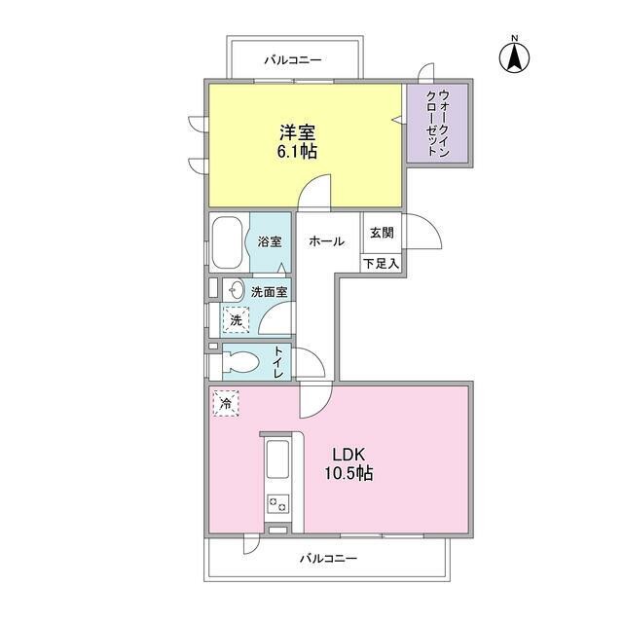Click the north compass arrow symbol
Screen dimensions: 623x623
pyautogui.click(x=514, y=57)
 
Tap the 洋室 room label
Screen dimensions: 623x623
pyautogui.click(x=297, y=132)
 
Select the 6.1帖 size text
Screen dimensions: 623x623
pyautogui.click(x=297, y=152)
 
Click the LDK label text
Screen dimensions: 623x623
pyautogui.click(x=348, y=455)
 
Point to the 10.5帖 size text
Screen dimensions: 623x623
pyautogui.click(x=348, y=473)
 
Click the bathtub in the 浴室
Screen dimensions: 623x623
pyautogui.click(x=228, y=242)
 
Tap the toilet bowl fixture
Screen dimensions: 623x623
pyautogui.click(x=240, y=361)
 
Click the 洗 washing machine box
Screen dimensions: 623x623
pyautogui.click(x=236, y=320)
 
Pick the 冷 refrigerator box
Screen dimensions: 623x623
pyautogui.click(x=226, y=403)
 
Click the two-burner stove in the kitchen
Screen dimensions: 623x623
pyautogui.click(x=277, y=504)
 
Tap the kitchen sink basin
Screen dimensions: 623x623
pyautogui.click(x=277, y=458)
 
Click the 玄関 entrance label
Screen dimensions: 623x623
pyautogui.click(x=382, y=233)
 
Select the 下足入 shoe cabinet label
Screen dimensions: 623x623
pyautogui.click(x=381, y=264)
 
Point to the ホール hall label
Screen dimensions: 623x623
pyautogui.click(x=327, y=241)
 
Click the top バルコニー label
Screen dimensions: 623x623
pyautogui.click(x=293, y=60)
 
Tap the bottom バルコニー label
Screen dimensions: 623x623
pyautogui.click(x=328, y=558)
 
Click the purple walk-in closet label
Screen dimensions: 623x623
pyautogui.click(x=437, y=124)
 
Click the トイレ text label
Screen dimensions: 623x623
pyautogui.click(x=279, y=362)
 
